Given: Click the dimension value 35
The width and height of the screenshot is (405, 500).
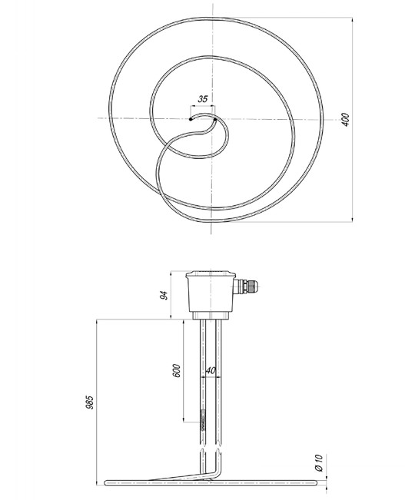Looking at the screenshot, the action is pyautogui.click(x=203, y=99).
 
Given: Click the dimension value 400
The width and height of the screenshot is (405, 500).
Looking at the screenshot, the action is pyautogui.click(x=345, y=120).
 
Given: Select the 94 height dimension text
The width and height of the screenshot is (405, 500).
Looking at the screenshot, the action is pyautogui.click(x=164, y=295).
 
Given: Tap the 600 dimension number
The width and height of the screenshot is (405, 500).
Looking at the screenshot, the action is pyautogui.click(x=176, y=370).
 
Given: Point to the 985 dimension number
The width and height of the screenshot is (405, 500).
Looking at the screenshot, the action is pyautogui.click(x=90, y=402).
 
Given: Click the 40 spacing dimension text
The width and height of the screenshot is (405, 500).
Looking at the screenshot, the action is pyautogui.click(x=211, y=370).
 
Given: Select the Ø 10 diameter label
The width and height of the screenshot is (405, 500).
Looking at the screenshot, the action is pyautogui.click(x=319, y=463).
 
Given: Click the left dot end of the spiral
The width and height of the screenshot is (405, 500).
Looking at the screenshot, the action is pyautogui.click(x=191, y=119).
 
